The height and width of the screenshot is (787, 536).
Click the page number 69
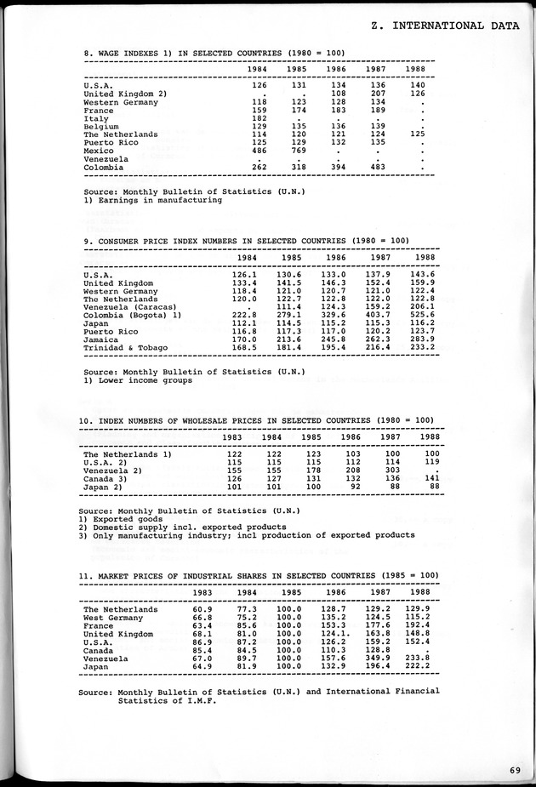pyautogui.click(x=515, y=769)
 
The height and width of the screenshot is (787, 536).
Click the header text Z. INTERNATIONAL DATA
pyautogui.click(x=445, y=26)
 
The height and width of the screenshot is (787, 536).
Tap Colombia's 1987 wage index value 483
pyautogui.click(x=378, y=167)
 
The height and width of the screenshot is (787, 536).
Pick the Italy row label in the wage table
pyautogui.click(x=96, y=118)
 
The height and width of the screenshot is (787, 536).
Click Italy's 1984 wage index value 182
pyautogui.click(x=259, y=118)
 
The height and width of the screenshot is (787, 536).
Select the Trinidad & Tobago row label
pyautogui.click(x=126, y=347)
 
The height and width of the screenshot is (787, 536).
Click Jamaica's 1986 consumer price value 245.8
pyautogui.click(x=332, y=339)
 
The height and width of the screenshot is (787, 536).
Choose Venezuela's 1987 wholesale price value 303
pyautogui.click(x=391, y=470)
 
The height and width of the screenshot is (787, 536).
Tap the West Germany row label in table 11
pyautogui.click(x=113, y=618)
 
